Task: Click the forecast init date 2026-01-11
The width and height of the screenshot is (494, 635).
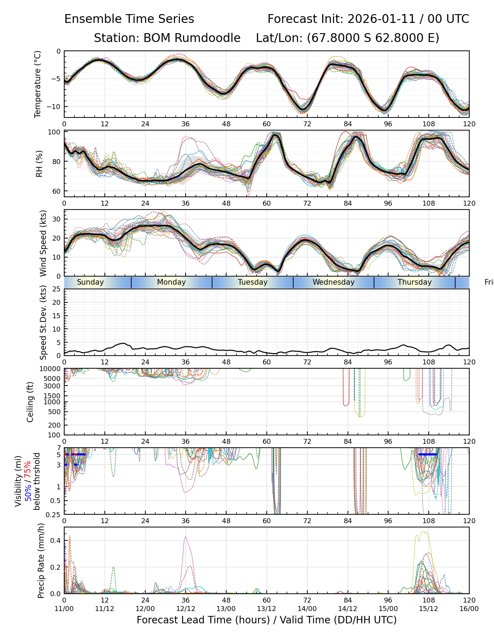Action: pyautogui.click(x=376, y=19)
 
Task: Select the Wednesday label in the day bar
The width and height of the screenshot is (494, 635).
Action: pyautogui.click(x=333, y=282)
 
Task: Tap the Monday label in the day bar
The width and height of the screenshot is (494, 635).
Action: pyautogui.click(x=171, y=282)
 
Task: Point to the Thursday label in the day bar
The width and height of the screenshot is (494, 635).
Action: pyautogui.click(x=415, y=282)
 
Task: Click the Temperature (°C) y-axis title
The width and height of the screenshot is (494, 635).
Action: pyautogui.click(x=38, y=84)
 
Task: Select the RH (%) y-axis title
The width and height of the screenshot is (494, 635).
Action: pyautogui.click(x=39, y=164)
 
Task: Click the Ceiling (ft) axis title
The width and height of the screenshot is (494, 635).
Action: pyautogui.click(x=30, y=402)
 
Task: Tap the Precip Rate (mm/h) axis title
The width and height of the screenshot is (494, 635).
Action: pyautogui.click(x=41, y=561)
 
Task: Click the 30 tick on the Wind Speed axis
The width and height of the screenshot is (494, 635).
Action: pyautogui.click(x=57, y=219)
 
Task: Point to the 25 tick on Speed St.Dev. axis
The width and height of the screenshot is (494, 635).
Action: pyautogui.click(x=57, y=289)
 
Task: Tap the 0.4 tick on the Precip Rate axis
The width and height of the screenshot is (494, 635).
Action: pyautogui.click(x=56, y=541)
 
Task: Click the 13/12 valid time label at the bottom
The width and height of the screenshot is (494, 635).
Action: pyautogui.click(x=266, y=609)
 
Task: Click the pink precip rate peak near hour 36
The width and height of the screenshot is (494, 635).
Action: pyautogui.click(x=186, y=537)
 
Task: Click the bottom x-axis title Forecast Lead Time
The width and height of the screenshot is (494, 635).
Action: pyautogui.click(x=266, y=620)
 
